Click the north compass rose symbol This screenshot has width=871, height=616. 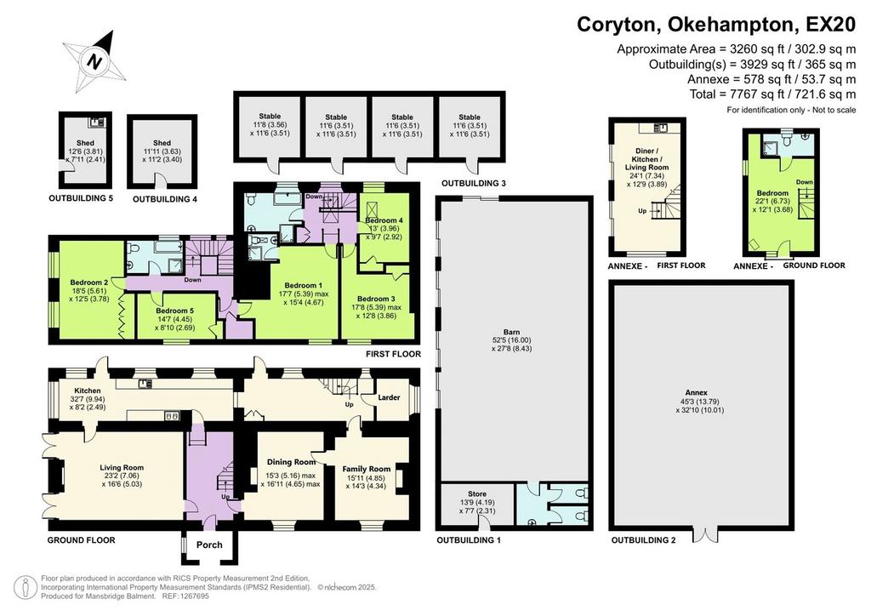click(95, 60)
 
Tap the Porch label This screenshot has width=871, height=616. click(209, 545)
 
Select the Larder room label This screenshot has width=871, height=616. click(389, 397)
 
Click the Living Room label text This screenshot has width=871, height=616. click(122, 468)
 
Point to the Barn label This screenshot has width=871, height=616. click(511, 332)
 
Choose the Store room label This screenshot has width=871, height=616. click(477, 493)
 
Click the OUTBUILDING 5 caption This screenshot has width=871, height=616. click(81, 198)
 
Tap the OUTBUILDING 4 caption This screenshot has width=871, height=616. click(165, 199)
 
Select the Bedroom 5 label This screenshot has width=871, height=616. click(175, 311)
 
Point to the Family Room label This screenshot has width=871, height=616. click(367, 470)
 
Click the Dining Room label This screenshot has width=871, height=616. click(291, 462)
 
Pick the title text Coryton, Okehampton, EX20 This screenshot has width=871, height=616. click(716, 25)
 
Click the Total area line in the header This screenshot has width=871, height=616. click(772, 94)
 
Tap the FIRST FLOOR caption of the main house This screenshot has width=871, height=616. click(393, 354)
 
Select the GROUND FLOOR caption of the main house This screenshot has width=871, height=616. click(81, 540)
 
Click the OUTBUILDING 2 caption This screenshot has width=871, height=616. click(644, 540)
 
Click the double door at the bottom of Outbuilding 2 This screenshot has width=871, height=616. click(705, 533)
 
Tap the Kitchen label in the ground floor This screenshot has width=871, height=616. click(88, 391)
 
